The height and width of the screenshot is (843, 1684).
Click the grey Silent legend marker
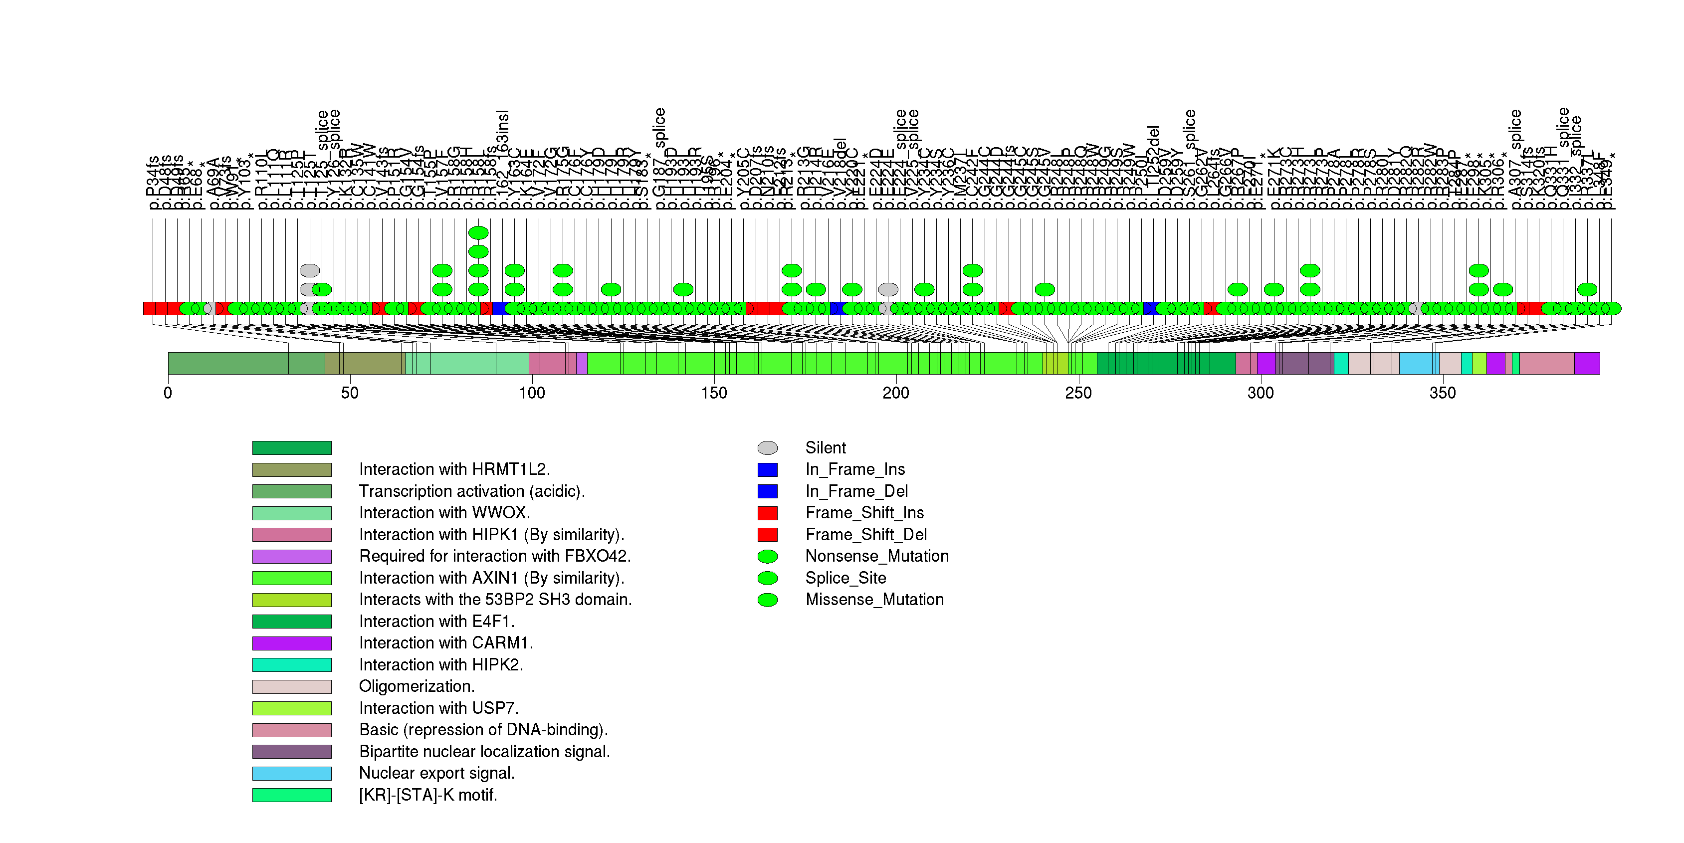[768, 447]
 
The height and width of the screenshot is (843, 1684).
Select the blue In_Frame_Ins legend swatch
[768, 469]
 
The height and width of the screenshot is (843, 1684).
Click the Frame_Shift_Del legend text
[865, 535]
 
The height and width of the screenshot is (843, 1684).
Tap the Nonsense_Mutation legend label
[876, 556]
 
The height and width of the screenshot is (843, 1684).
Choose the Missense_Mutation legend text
[874, 599]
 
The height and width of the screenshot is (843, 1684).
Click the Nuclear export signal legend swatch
[292, 773]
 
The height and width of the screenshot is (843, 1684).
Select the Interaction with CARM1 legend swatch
[292, 643]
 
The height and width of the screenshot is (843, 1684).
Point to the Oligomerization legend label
[417, 686]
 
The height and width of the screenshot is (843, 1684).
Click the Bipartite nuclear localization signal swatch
[292, 752]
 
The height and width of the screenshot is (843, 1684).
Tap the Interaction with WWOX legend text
[444, 512]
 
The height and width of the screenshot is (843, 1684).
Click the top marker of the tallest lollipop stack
[478, 232]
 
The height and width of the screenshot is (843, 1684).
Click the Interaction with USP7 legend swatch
[292, 708]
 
